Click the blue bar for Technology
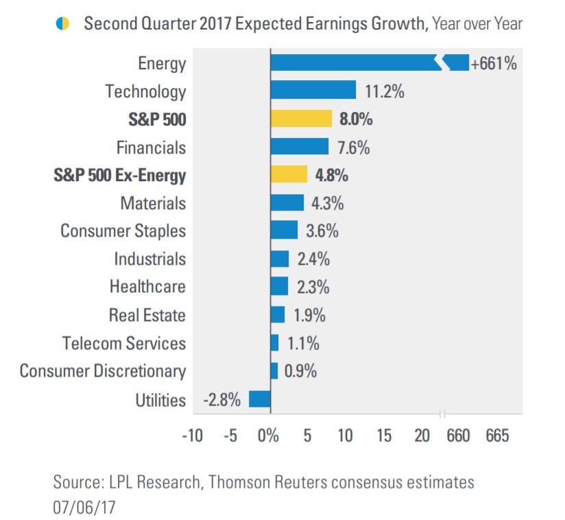pos(313,91)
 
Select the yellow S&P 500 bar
pos(301,119)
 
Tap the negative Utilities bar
pos(260,399)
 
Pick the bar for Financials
pos(300,147)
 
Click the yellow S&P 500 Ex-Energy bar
pos(289,175)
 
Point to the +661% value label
pos(493,64)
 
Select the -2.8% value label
pos(222,400)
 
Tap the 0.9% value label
pos(300,372)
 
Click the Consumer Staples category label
pos(123,231)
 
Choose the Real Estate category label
pos(147,315)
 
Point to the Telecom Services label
pos(124,343)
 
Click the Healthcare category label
pos(147,287)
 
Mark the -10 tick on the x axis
pos(191,436)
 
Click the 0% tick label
pos(268,436)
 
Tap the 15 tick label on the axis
pos(385,436)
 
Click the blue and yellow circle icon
pos(62,24)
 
